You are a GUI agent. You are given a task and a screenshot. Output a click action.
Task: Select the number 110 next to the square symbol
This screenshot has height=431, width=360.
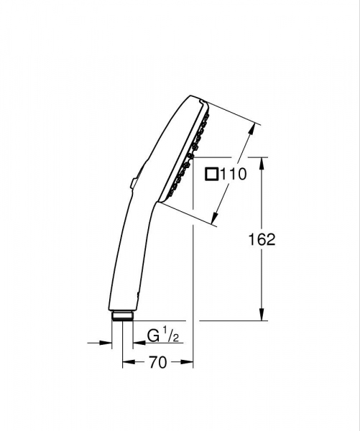[x=233, y=173]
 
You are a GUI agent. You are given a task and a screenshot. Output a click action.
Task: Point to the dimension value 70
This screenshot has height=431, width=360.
[x=158, y=363]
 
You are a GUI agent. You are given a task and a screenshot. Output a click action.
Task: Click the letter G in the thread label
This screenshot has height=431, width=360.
[x=153, y=335]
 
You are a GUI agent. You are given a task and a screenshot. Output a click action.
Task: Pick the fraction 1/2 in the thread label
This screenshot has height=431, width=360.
[x=167, y=334]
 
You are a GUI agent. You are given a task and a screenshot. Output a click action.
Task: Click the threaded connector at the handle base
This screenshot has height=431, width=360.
[x=121, y=315]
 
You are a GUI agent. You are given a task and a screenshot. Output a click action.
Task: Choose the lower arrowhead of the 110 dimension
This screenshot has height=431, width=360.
[x=217, y=218]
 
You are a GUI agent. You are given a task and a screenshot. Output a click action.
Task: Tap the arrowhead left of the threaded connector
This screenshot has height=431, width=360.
[x=108, y=343]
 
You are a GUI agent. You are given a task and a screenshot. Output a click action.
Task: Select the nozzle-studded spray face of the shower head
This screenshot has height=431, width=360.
[x=185, y=154]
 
